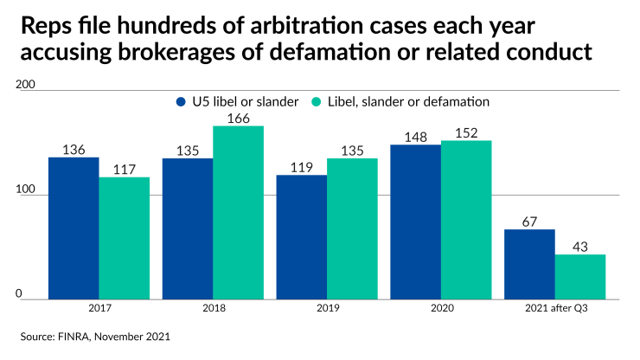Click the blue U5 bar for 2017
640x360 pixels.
pos(74,228)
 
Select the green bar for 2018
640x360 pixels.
pos(239,213)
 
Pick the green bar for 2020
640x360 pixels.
pos(466,220)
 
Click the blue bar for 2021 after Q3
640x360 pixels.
pos(529,265)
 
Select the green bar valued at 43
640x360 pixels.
pos(580,277)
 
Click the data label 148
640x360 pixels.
pos(415,136)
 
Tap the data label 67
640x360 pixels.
pos(529,221)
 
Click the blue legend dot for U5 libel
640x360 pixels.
pos(181,101)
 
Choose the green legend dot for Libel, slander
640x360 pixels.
pos(316,101)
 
